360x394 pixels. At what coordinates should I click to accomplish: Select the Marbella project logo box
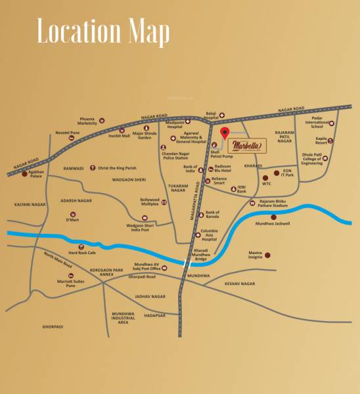coord(247,144)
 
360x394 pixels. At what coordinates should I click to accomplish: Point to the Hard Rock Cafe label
coord(82,252)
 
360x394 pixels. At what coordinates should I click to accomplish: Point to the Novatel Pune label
coord(66,131)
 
